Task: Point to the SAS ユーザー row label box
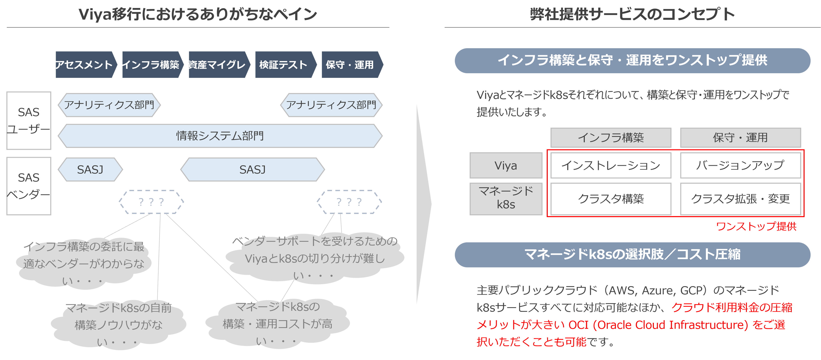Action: (x=29, y=120)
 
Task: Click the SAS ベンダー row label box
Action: (x=29, y=186)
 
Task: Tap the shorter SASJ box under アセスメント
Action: (x=90, y=170)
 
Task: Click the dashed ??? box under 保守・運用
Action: (x=349, y=202)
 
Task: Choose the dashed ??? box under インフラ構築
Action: (x=151, y=202)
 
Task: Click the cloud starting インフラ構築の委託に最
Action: (x=84, y=264)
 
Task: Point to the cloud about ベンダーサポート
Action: (x=315, y=258)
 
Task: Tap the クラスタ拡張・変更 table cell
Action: (x=740, y=199)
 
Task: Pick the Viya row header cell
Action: (x=506, y=165)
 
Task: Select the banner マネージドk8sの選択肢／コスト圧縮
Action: (x=632, y=254)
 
